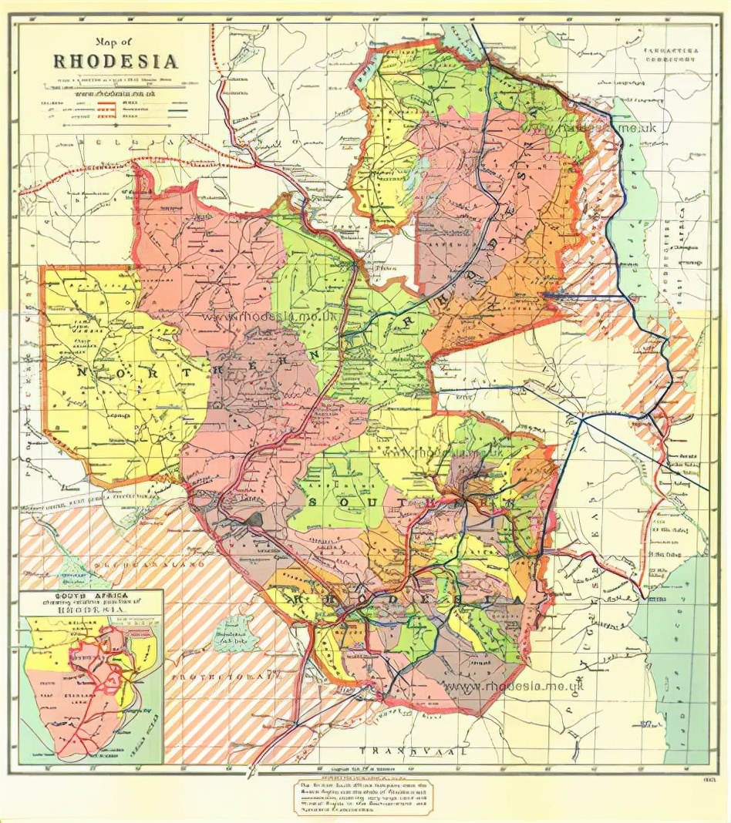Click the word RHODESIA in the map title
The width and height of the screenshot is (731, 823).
click(116, 61)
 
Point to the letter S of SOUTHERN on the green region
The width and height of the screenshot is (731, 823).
click(315, 502)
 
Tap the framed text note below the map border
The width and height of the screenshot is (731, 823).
click(362, 797)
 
